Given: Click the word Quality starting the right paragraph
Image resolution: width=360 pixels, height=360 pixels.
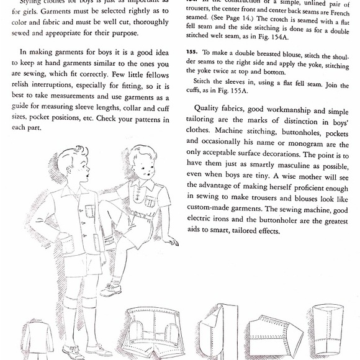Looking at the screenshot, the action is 209,108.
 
